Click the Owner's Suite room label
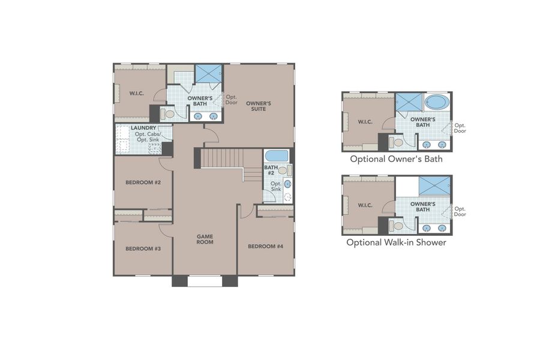coord(259,106)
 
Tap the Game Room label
coord(205,239)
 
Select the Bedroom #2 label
coord(142,182)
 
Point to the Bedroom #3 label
coord(142,248)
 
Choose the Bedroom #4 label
coord(265,246)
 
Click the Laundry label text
coord(144,128)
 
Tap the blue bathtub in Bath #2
coord(277,156)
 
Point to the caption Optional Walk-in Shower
coord(397,243)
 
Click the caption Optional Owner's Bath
coord(397,160)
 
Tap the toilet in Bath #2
coord(283,170)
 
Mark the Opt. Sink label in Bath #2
coord(276,187)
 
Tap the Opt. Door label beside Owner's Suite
coord(232,99)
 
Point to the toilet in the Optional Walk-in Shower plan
coord(397,226)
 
